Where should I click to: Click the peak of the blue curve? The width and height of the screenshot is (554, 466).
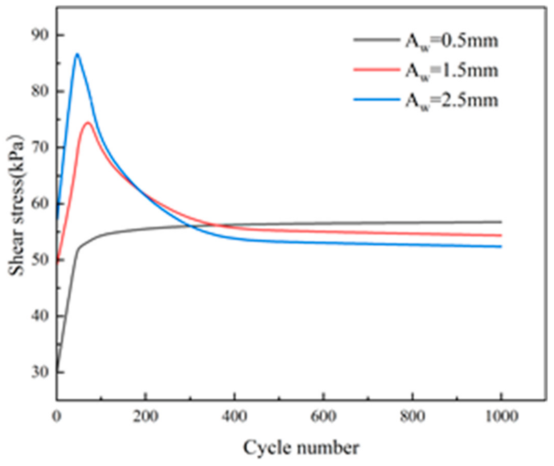point(77,55)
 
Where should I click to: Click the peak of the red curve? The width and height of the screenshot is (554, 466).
point(88,122)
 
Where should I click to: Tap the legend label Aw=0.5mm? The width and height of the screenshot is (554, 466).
point(452,41)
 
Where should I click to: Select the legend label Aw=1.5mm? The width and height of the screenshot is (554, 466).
point(452,71)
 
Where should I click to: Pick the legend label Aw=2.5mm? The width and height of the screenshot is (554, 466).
point(452,101)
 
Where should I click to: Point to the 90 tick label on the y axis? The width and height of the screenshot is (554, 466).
point(40,35)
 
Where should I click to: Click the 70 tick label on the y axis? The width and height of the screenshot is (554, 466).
point(40,147)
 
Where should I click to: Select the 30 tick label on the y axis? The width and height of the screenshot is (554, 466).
point(40,372)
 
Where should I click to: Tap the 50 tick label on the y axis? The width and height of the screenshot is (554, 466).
point(40,260)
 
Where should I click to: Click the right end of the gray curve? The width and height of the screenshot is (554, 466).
point(501,222)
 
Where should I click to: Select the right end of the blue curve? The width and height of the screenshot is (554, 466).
point(501,247)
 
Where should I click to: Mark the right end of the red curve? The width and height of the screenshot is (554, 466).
point(501,235)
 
